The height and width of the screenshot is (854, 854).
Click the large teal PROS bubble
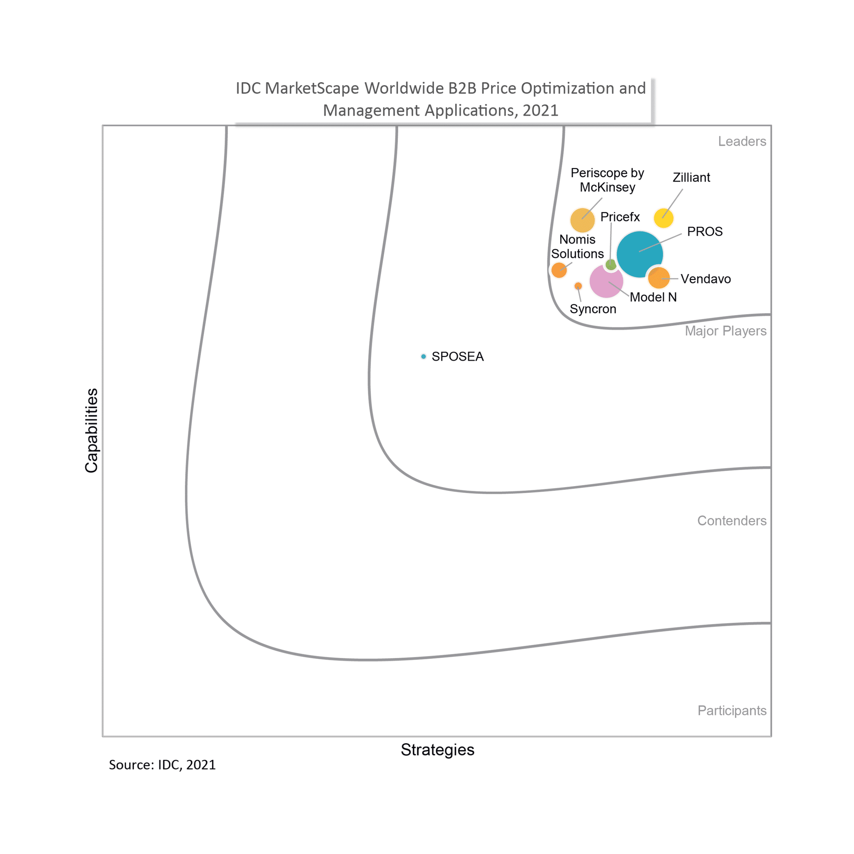click(639, 254)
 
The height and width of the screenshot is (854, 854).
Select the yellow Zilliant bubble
click(664, 218)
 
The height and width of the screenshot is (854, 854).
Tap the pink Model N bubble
click(606, 281)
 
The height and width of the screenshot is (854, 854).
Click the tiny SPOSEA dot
click(423, 356)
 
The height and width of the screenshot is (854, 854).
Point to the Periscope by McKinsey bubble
click(582, 220)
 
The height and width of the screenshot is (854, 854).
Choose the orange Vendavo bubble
click(659, 278)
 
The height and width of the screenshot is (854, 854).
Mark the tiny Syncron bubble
click(578, 286)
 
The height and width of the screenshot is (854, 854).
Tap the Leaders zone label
click(742, 141)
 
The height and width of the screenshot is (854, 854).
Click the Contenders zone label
click(732, 521)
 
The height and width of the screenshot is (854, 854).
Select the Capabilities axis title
click(91, 431)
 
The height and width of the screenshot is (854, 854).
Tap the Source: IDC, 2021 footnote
click(162, 765)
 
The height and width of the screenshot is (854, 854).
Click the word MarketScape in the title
click(312, 88)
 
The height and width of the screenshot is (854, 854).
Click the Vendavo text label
click(706, 279)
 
